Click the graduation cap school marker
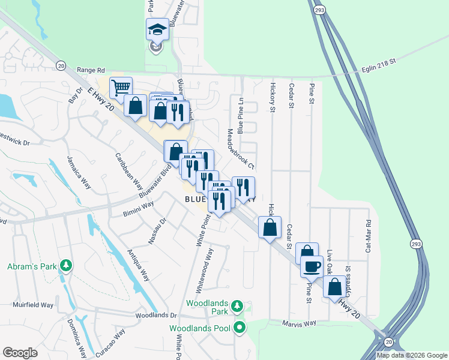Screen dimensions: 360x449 pyautogui.click(x=157, y=29)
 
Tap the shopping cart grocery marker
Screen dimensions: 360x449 pyautogui.click(x=121, y=88)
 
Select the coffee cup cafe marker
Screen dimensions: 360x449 pyautogui.click(x=312, y=266)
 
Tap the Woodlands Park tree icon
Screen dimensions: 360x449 pyautogui.click(x=238, y=306)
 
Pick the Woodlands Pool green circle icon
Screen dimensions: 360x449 pyautogui.click(x=240, y=328)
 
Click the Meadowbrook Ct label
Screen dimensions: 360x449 pyautogui.click(x=236, y=148)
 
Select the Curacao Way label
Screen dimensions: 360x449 pyautogui.click(x=112, y=334)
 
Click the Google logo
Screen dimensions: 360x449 pyautogui.click(x=20, y=353)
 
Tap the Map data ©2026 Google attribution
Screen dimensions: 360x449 pyautogui.click(x=412, y=355)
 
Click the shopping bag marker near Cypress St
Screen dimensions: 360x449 pyautogui.click(x=334, y=286)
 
